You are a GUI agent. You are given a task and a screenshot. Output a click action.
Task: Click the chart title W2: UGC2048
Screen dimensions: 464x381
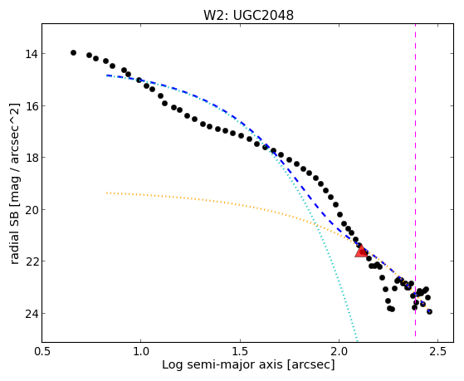click(248, 15)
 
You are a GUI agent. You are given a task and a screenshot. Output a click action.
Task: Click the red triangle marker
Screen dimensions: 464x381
click(361, 252)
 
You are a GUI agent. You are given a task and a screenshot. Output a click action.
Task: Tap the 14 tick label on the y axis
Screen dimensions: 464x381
click(31, 54)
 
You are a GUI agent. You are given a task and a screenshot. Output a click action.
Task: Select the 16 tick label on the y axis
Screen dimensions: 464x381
click(31, 106)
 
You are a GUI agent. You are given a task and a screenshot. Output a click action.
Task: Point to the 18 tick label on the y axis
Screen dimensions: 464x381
click(31, 158)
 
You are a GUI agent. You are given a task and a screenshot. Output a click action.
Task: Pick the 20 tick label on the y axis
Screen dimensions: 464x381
click(31, 210)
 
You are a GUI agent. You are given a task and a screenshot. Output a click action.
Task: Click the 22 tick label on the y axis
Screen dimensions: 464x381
click(31, 261)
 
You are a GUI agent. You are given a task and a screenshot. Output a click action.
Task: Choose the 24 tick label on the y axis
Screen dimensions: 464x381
click(31, 314)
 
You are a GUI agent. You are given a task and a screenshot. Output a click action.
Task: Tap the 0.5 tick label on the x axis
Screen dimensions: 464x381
click(42, 352)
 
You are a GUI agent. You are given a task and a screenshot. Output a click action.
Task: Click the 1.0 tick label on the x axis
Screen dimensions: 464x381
click(141, 352)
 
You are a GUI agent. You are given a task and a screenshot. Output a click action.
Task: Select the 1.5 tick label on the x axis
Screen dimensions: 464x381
click(240, 352)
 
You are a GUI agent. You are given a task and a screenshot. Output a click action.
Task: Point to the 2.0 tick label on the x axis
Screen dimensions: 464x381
click(339, 352)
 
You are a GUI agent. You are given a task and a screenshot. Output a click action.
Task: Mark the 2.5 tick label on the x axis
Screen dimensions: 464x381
click(437, 352)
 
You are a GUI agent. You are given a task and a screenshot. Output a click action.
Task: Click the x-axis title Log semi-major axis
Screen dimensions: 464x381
click(222, 364)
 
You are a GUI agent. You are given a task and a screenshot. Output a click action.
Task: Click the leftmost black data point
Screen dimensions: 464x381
click(73, 52)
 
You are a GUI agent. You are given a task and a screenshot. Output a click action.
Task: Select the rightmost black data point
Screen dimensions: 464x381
click(429, 311)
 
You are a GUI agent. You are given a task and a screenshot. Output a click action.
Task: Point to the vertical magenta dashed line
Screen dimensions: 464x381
click(416, 180)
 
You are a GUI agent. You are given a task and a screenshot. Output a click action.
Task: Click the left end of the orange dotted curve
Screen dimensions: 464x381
click(106, 193)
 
